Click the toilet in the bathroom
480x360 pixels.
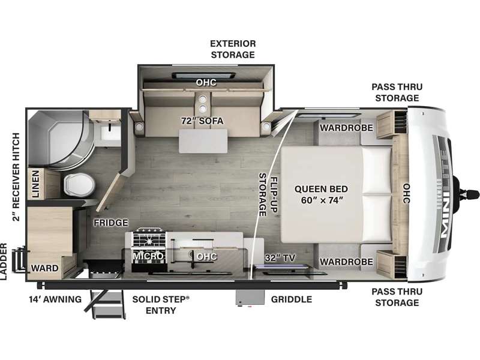point(79,185)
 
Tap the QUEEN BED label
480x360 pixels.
point(321,189)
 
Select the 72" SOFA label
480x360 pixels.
point(202,121)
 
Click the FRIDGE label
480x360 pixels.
point(111,223)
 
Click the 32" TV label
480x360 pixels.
point(280,258)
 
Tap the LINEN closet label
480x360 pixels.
point(36,184)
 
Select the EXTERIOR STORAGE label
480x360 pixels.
point(233,49)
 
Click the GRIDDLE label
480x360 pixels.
point(292,299)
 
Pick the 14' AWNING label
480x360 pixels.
point(55,299)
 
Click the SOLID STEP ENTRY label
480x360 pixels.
point(161,305)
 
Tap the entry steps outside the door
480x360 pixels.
point(105,305)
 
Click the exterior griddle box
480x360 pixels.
point(250,298)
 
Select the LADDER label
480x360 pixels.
point(4,262)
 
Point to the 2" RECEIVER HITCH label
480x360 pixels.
point(16,177)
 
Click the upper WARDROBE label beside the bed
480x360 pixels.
point(347,128)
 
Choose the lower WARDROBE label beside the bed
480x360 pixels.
point(347,262)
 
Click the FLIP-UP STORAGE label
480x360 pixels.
point(268,194)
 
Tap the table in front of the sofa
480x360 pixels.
point(203,141)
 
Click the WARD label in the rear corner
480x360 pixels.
point(44,268)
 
